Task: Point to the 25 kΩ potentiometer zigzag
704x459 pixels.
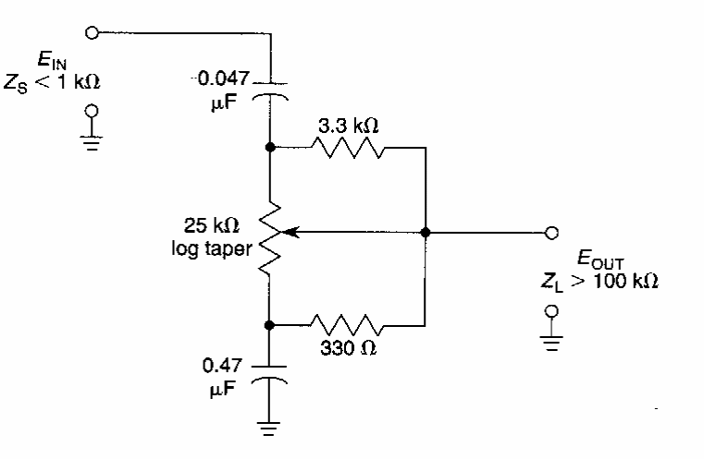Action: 270,232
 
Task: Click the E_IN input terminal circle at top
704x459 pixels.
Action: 91,33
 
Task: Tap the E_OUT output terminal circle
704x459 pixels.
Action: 551,232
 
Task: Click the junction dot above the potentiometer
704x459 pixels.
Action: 270,148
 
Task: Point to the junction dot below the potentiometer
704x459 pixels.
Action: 270,324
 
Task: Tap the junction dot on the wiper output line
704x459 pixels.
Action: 425,232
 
